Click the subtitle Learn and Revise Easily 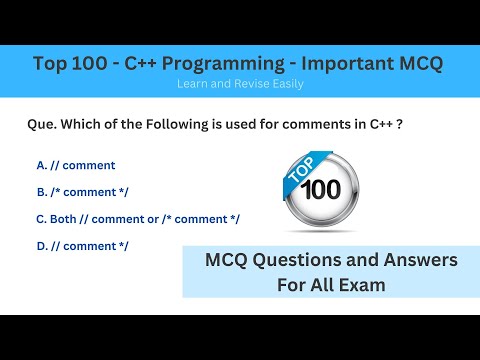point(239,84)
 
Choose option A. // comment point(75,165)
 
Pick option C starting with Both point(137,219)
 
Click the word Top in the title point(53,64)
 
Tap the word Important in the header point(335,64)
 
